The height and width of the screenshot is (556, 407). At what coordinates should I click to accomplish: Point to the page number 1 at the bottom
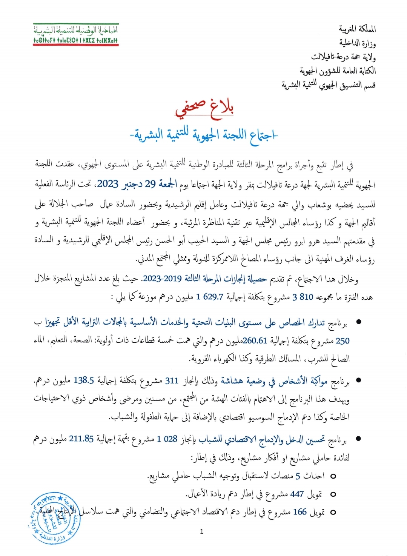pos(201,531)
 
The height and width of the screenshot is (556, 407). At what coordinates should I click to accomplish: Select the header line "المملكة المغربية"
pos(357,29)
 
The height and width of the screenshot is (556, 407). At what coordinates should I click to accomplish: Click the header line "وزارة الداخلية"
pos(358,43)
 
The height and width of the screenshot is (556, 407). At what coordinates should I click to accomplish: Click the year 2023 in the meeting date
pos(108,184)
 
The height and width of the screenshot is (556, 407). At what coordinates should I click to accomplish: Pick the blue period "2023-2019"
pos(162,279)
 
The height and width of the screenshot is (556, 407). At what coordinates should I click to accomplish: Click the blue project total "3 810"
pos(303,297)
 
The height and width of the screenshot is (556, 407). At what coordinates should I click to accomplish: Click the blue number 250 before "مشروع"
pos(342,341)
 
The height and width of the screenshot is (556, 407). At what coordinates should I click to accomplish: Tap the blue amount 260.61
pos(255,340)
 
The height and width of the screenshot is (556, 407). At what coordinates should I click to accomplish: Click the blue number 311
pos(172,380)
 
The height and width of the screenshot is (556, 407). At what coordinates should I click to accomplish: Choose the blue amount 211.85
pos(81,439)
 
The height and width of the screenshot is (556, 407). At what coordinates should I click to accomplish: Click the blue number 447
pos(297,494)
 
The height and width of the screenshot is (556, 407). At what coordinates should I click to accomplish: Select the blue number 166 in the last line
pos(300,512)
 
